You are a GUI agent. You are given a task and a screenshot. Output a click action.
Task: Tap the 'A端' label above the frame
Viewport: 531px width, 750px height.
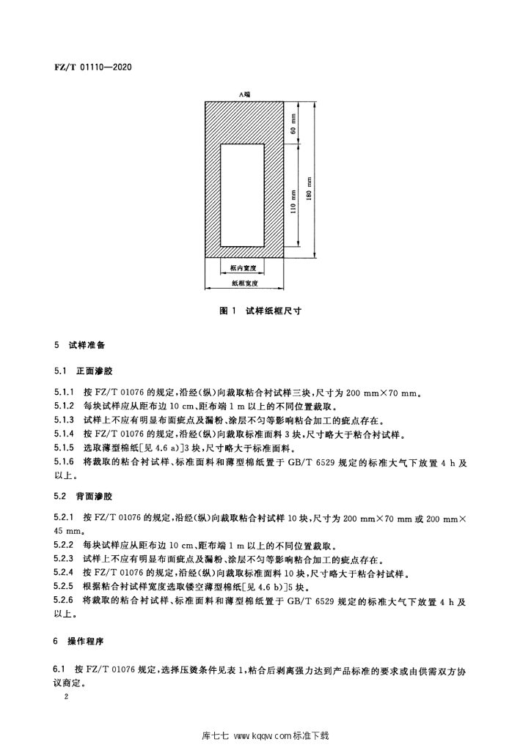tap(244, 94)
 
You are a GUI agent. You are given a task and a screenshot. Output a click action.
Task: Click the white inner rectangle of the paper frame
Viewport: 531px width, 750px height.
tap(244, 195)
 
